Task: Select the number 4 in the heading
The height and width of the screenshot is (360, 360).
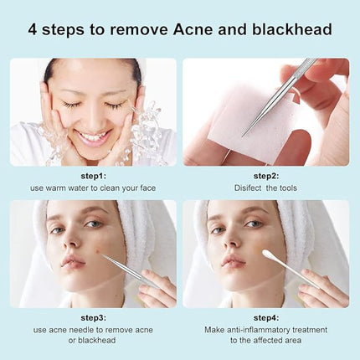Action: (33, 30)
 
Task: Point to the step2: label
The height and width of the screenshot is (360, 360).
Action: (266, 177)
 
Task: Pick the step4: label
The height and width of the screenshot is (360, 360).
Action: (266, 318)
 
